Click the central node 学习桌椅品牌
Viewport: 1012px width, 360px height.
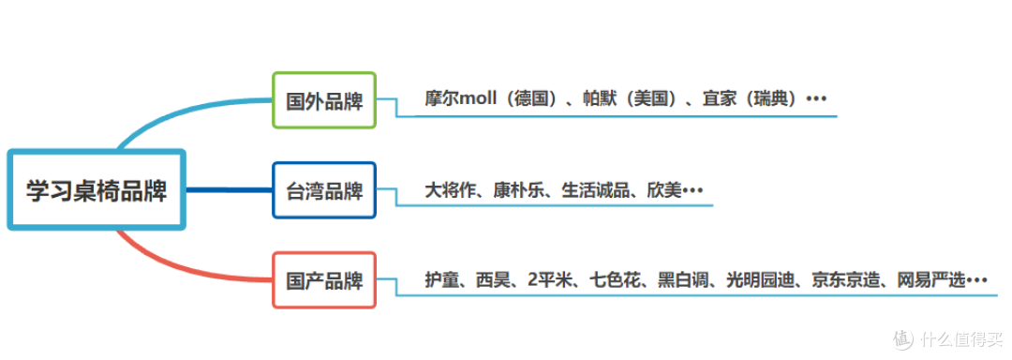[x=97, y=191]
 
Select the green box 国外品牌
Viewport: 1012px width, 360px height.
[x=324, y=100]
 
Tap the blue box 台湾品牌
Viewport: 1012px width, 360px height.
[x=324, y=190]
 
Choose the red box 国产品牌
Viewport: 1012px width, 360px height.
[x=324, y=280]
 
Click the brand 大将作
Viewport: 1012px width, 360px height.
[x=446, y=189]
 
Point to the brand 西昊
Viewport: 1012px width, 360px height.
[x=491, y=279]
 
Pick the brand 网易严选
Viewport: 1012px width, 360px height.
[x=931, y=279]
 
